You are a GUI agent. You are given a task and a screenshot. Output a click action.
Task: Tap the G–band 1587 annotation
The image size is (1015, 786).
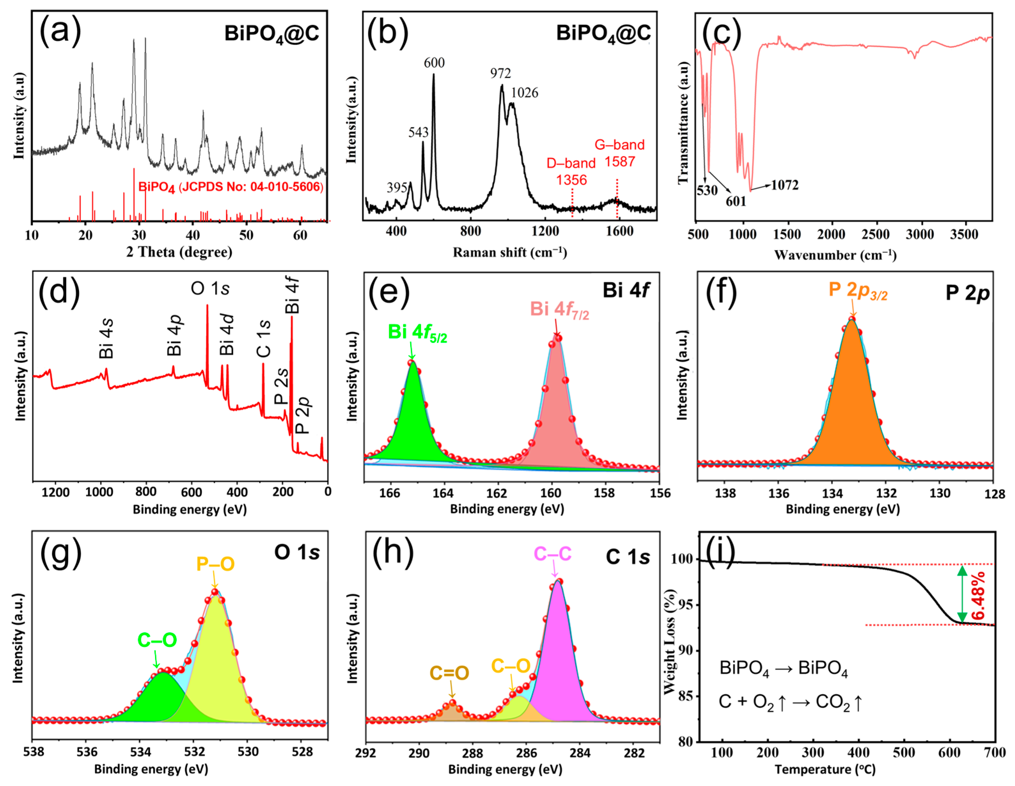click(x=620, y=153)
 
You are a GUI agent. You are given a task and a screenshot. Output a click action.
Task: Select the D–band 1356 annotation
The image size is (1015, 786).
click(x=571, y=172)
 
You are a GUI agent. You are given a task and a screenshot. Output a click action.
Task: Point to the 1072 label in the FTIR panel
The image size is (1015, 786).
click(x=785, y=185)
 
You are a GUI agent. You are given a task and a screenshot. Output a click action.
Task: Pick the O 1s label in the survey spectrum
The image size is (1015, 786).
click(x=210, y=288)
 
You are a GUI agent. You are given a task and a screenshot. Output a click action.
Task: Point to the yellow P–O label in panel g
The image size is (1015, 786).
click(x=215, y=564)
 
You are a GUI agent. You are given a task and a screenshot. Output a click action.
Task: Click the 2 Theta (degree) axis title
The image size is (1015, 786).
click(x=179, y=252)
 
